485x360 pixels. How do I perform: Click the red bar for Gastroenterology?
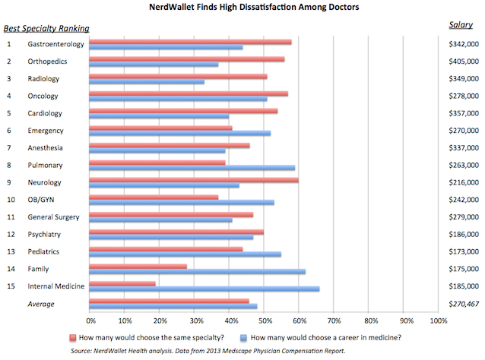pos(190,42)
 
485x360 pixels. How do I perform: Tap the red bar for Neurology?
pos(194,180)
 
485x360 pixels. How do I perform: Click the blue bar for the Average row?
pos(173,306)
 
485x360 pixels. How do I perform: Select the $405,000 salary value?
pos(464,62)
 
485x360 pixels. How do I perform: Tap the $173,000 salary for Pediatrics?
pos(464,251)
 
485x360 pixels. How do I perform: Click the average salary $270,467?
pos(464,303)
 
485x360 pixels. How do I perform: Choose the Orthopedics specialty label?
pos(47,62)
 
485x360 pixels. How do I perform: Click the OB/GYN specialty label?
pos(40,200)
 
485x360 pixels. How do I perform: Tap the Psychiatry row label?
pos(43,234)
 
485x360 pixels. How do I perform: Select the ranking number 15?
pos(11,286)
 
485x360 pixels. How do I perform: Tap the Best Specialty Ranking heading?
pos(46,29)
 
